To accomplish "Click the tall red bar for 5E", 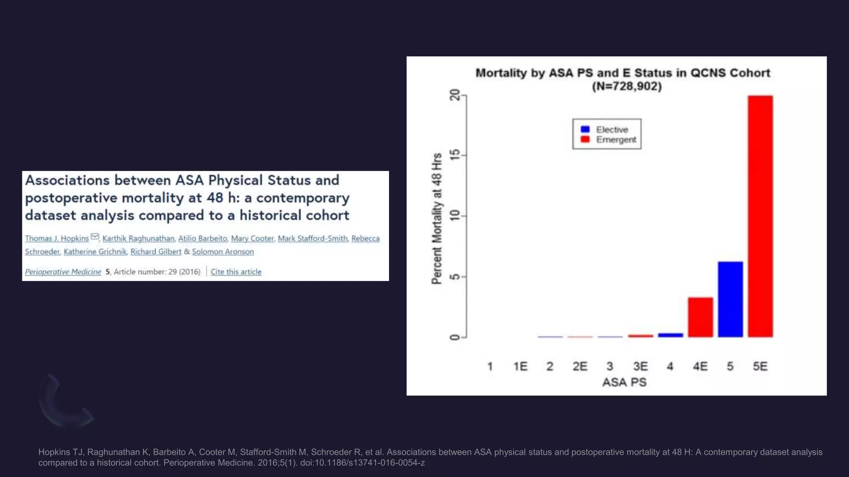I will (x=760, y=216).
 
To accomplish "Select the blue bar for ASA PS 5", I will (x=730, y=299).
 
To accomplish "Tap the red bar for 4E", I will (x=700, y=317).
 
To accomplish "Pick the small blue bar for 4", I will (x=670, y=335).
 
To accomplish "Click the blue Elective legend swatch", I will (x=585, y=129).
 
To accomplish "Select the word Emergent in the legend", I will (x=616, y=140).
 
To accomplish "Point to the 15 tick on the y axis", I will (x=455, y=155).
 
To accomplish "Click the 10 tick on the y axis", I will (x=455, y=216).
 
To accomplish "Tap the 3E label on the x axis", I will (x=640, y=366).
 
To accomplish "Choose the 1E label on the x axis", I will (x=520, y=366).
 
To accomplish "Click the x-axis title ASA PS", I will (x=624, y=382).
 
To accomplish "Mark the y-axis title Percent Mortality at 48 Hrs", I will (x=437, y=219).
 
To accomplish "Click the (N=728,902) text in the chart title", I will (x=626, y=87).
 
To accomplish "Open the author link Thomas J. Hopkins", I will (x=57, y=238).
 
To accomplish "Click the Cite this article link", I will (x=236, y=272).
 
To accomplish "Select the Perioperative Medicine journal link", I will (x=63, y=272).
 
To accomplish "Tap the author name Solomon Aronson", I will (x=223, y=252).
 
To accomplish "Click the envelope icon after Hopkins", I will (x=95, y=237).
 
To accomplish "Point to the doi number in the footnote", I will (x=362, y=463).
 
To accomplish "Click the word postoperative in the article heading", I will (x=71, y=198).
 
